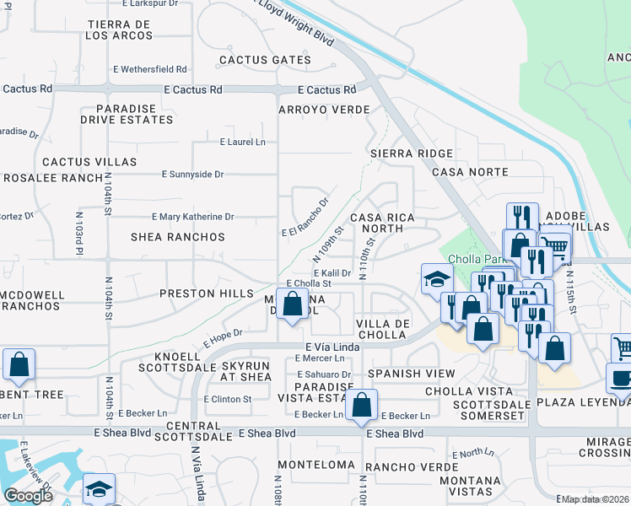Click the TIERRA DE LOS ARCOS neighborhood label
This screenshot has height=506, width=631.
pyautogui.click(x=118, y=30)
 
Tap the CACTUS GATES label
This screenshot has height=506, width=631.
pyautogui.click(x=265, y=60)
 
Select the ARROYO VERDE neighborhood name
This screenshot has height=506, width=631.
pyautogui.click(x=324, y=110)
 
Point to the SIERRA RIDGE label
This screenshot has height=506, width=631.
pyautogui.click(x=412, y=153)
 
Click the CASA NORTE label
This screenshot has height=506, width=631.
pyautogui.click(x=470, y=172)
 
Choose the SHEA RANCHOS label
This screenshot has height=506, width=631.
pyautogui.click(x=178, y=237)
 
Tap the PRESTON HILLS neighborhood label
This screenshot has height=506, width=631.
pyautogui.click(x=207, y=293)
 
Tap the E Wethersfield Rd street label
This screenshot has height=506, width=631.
pyautogui.click(x=149, y=69)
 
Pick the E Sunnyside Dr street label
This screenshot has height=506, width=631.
pyautogui.click(x=192, y=175)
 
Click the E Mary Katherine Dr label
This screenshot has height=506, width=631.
pyautogui.click(x=192, y=217)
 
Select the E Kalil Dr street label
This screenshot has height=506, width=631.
pyautogui.click(x=332, y=273)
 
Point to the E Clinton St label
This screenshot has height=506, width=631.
pyautogui.click(x=227, y=399)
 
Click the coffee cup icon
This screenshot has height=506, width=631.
pyautogui.click(x=620, y=379)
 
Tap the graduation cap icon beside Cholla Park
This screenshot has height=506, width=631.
pyautogui.click(x=437, y=278)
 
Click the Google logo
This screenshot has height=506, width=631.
pyautogui.click(x=28, y=496)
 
